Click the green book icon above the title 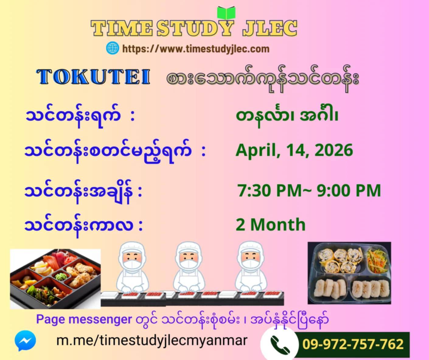pos(226,13)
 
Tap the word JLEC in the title pos(270,28)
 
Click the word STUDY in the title pos(195,28)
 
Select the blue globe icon pos(112,48)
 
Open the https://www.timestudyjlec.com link pos(196,49)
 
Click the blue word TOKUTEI pos(93,77)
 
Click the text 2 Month pos(270,224)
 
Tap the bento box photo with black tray pos(55,279)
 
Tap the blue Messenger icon pos(25,341)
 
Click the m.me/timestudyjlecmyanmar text pos(152,341)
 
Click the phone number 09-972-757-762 pos(353,344)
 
